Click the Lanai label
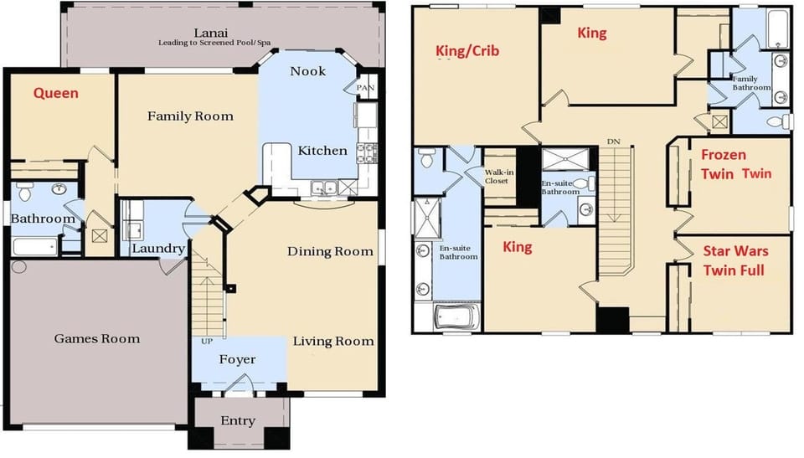(211, 33)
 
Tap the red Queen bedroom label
(56, 93)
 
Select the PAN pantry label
(366, 88)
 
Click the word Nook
(307, 71)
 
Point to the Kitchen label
(322, 151)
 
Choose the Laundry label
(158, 249)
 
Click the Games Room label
(97, 338)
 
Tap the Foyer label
(237, 360)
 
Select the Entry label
(238, 421)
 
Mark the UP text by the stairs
(207, 341)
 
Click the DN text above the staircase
(614, 142)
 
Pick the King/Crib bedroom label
(467, 51)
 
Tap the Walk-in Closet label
(499, 177)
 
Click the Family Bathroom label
(751, 83)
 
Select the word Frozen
(724, 155)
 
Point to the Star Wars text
(735, 251)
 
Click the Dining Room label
(330, 252)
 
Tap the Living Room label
(333, 342)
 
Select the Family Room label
(190, 116)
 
